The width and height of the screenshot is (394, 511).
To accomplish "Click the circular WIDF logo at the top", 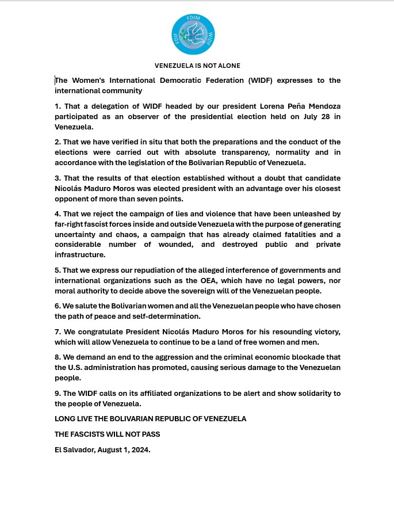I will [193, 35].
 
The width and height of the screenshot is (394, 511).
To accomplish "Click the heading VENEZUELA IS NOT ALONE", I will [197, 66].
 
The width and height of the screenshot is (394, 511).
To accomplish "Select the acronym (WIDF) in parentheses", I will [261, 81].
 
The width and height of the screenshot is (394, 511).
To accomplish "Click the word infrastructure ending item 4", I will [80, 254].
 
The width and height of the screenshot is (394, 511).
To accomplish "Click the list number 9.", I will [58, 393].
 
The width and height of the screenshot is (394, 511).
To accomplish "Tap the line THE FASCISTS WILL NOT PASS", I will [108, 434].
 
